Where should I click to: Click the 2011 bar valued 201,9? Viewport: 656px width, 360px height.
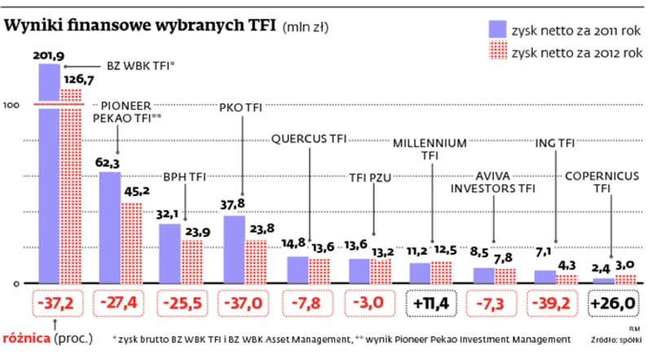point(49,171)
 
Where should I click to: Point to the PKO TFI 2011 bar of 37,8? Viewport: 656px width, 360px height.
point(234,248)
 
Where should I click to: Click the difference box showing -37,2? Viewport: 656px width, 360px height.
point(57,303)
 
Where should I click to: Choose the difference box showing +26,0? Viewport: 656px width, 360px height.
point(613,303)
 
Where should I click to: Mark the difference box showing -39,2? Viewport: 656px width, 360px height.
point(555,303)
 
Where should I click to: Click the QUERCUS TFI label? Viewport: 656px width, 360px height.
point(309,138)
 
